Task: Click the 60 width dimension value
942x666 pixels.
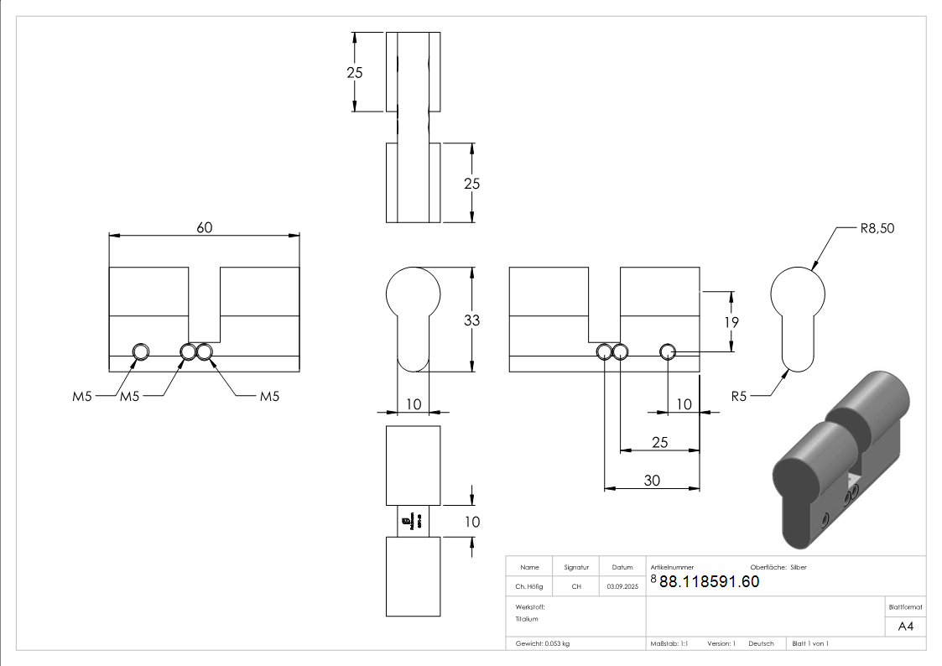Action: pos(204,228)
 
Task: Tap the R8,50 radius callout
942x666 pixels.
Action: pos(877,228)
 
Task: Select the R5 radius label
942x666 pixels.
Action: pos(738,396)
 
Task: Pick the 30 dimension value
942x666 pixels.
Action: pos(652,481)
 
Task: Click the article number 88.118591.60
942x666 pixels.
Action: pos(709,582)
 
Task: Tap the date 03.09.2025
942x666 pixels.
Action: pos(622,586)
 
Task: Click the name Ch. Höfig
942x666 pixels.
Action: pos(529,586)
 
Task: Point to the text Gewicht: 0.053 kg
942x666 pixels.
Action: pos(543,643)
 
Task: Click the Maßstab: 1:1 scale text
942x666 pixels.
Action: pos(669,643)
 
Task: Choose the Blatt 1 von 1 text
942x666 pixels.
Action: pos(810,643)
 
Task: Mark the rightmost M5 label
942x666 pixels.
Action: pos(268,396)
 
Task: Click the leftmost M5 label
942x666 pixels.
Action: pos(81,396)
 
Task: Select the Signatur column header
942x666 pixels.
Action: pos(576,567)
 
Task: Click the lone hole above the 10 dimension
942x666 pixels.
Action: pos(668,351)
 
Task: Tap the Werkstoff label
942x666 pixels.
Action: pos(531,606)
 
